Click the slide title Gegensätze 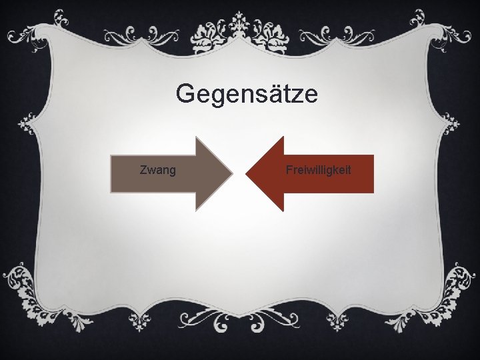(247, 95)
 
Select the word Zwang (158, 171)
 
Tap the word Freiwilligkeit (318, 171)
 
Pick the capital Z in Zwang (143, 171)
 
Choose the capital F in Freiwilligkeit (289, 171)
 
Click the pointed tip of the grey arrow (233, 174)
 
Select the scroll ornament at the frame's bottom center (240, 325)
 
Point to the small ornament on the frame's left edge (27, 123)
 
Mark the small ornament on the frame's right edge (453, 123)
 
